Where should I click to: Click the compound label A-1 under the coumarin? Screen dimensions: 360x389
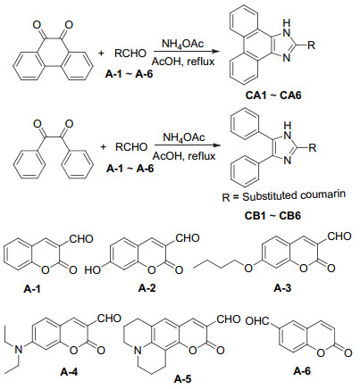click(32, 289)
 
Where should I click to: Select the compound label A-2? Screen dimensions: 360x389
click(147, 288)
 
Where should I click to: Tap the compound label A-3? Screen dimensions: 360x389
click(282, 288)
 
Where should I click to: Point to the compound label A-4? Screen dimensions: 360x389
click(69, 371)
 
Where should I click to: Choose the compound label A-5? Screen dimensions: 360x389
click(183, 379)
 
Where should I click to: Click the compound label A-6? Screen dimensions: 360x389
click(302, 371)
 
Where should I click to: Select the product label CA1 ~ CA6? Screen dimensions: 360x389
click(273, 95)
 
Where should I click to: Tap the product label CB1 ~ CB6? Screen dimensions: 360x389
click(272, 215)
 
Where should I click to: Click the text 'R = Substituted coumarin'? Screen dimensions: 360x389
click(284, 196)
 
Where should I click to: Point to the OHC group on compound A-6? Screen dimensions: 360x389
click(257, 321)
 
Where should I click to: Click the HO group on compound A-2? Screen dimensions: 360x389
click(93, 270)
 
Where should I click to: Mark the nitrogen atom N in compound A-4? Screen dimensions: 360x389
click(19, 350)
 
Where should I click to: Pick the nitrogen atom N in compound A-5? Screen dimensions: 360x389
click(137, 351)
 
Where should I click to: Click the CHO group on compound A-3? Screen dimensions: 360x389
click(339, 236)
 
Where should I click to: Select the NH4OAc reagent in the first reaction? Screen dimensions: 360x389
click(182, 44)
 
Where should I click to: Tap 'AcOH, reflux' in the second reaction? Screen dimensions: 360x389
click(184, 155)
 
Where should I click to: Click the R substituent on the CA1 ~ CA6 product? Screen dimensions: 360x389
click(311, 46)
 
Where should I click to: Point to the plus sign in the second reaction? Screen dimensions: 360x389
click(103, 147)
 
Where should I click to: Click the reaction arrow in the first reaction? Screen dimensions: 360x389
click(186, 52)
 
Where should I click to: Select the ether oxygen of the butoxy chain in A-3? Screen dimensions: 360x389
click(248, 269)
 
